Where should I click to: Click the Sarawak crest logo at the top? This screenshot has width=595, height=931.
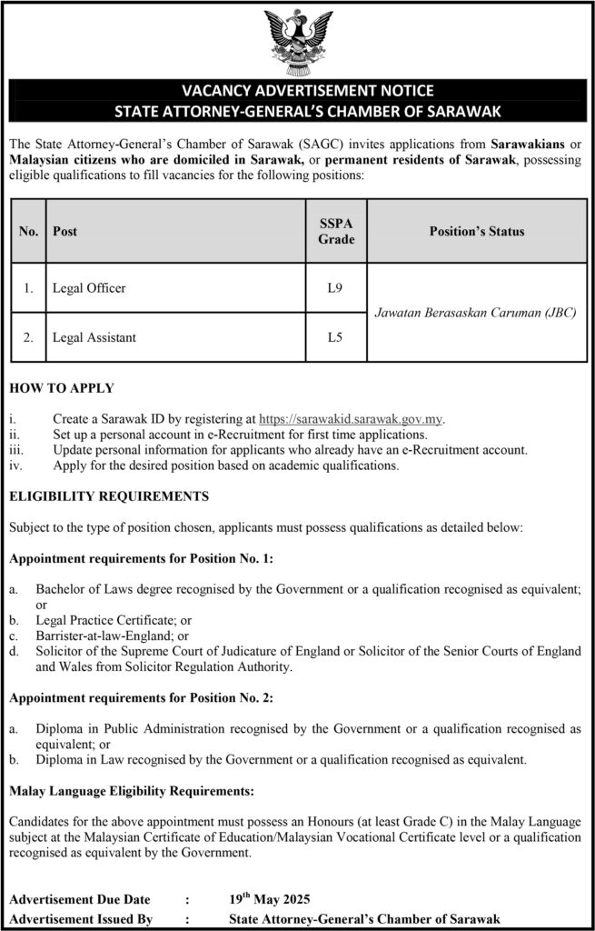tap(297, 41)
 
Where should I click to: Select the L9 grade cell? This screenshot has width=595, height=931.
tap(335, 289)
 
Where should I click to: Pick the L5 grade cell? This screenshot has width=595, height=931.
tap(335, 337)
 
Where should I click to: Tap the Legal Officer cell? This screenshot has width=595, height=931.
tap(89, 289)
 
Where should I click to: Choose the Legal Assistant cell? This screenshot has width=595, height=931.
tap(94, 337)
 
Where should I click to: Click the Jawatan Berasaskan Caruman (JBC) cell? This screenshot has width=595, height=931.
tap(476, 314)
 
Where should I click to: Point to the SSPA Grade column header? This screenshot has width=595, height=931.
tap(335, 231)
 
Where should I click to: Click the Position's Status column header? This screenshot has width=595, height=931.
tap(476, 231)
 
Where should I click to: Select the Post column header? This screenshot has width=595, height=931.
tap(65, 231)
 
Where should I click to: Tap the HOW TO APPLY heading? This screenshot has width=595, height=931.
tap(61, 388)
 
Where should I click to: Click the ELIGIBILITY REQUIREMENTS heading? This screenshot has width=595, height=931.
tap(109, 496)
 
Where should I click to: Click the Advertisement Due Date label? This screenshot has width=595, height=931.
tap(81, 900)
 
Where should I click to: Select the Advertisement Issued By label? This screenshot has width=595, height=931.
tap(80, 918)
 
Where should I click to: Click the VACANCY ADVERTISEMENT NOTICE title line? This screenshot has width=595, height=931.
tap(297, 92)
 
